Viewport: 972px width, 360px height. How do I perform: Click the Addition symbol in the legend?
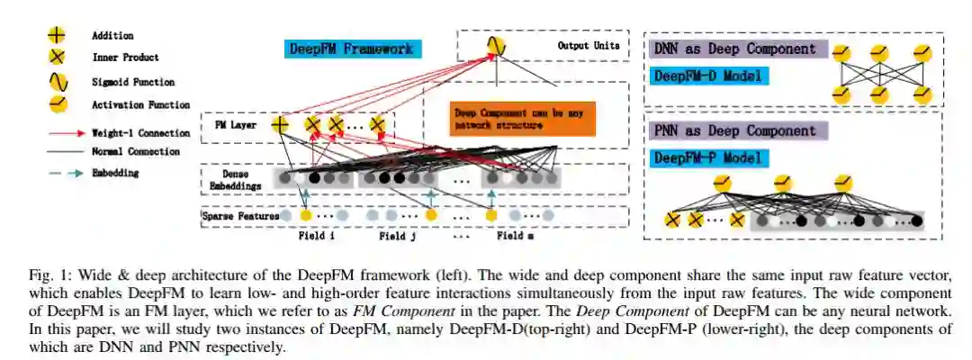pos(57,36)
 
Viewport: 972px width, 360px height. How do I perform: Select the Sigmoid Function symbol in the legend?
pos(57,82)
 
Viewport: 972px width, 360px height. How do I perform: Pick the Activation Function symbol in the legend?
pos(57,104)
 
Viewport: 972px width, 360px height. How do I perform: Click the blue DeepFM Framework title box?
pos(355,49)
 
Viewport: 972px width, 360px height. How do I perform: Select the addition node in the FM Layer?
pos(281,125)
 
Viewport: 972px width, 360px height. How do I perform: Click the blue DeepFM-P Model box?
pos(708,159)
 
